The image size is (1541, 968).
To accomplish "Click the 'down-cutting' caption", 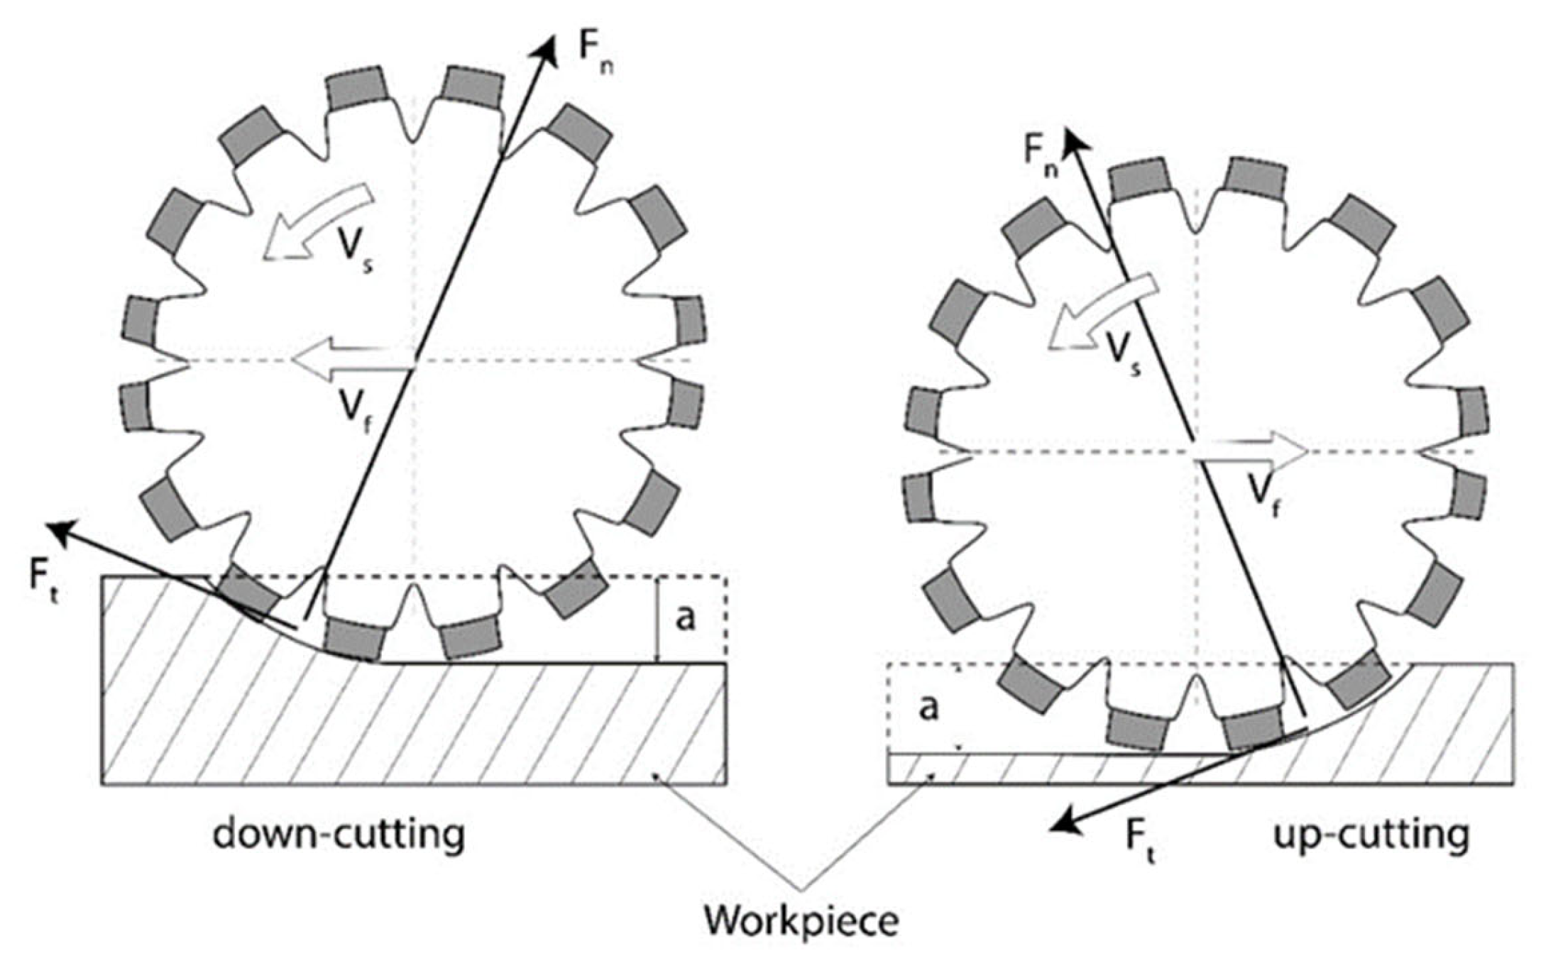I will coord(339,835).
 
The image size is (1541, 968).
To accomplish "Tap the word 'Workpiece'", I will coord(801,920).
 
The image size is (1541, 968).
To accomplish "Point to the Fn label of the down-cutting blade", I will coord(596,50).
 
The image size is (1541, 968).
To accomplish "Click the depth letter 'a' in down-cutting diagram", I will coord(685,618).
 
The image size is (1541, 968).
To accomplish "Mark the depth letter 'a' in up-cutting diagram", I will coord(928,708).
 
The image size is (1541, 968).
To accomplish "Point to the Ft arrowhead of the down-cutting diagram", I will coord(58,531).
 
